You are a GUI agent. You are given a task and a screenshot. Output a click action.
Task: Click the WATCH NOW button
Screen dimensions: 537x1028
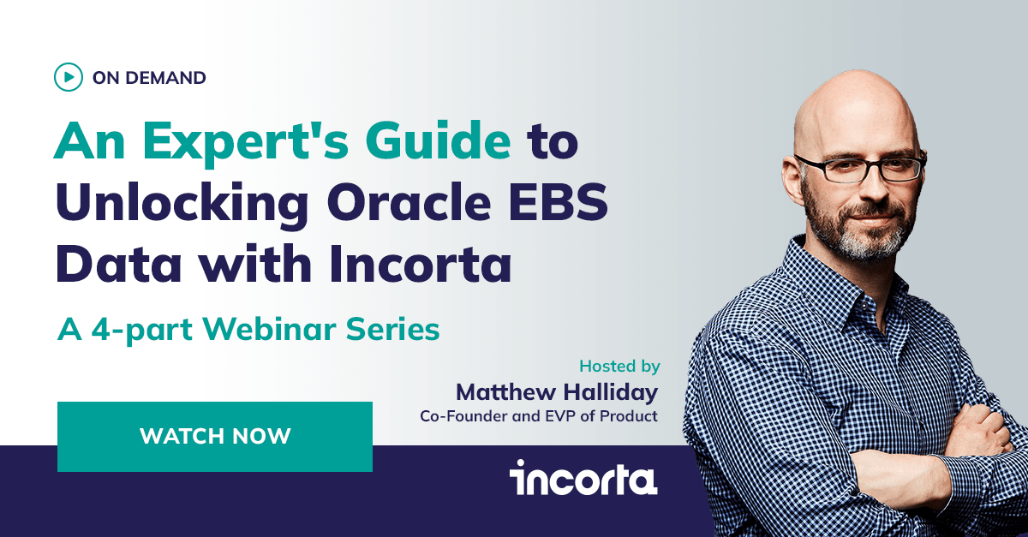click(215, 436)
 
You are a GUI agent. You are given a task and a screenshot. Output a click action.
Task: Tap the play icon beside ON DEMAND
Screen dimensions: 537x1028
click(68, 77)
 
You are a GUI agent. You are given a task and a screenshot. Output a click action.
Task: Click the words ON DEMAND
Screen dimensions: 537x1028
click(149, 78)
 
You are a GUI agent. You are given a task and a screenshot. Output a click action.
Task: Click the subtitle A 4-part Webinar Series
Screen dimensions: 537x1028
click(248, 330)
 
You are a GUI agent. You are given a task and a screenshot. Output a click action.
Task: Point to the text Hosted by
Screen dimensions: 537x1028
click(619, 366)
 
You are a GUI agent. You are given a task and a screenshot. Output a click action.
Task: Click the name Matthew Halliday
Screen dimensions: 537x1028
click(557, 392)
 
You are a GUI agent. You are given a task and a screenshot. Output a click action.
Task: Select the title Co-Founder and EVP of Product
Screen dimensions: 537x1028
click(538, 416)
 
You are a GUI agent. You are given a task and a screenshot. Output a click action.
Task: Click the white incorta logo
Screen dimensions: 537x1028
click(583, 478)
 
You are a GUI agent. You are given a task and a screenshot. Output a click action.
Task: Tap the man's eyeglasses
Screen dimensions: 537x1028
click(859, 168)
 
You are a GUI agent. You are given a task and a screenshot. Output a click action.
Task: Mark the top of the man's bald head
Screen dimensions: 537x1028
click(857, 81)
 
